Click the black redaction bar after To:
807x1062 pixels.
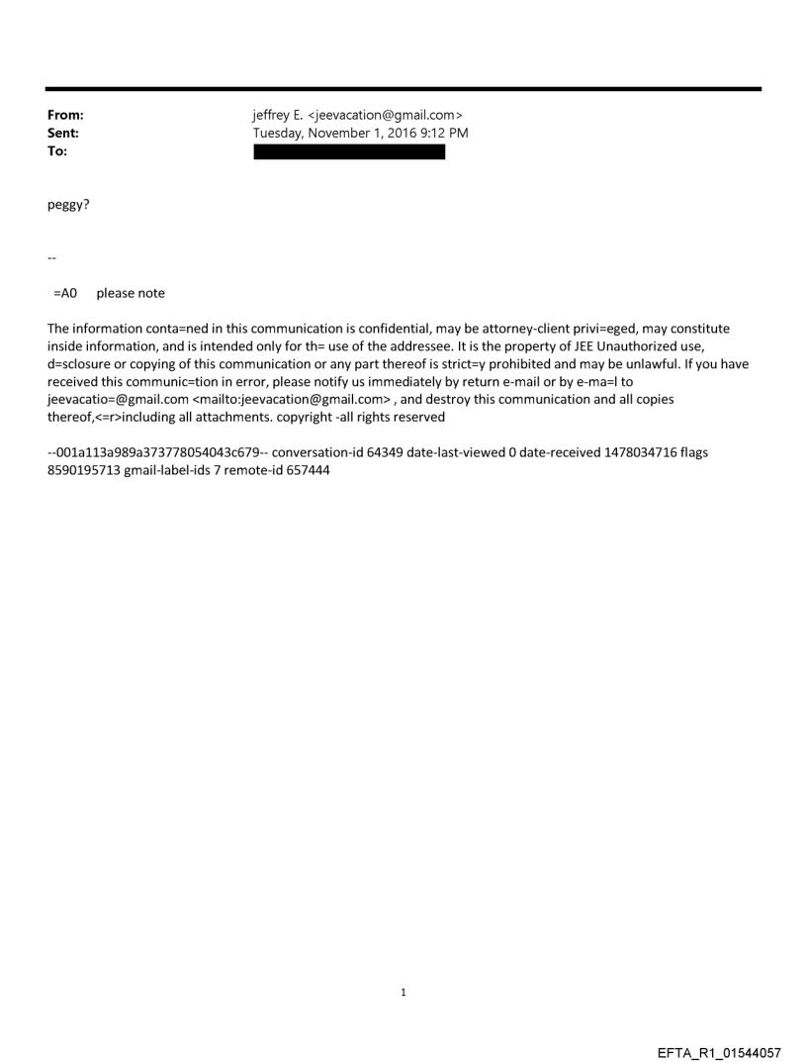[x=349, y=151]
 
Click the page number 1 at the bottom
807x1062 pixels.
[x=403, y=993]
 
